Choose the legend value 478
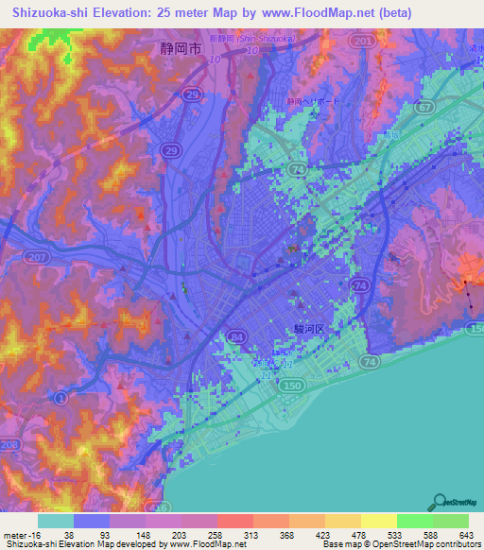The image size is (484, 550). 351,536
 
